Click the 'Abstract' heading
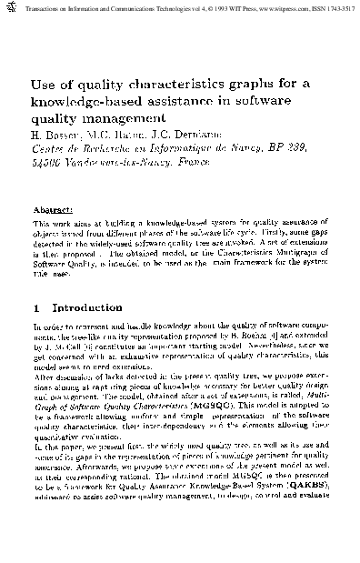54,207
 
